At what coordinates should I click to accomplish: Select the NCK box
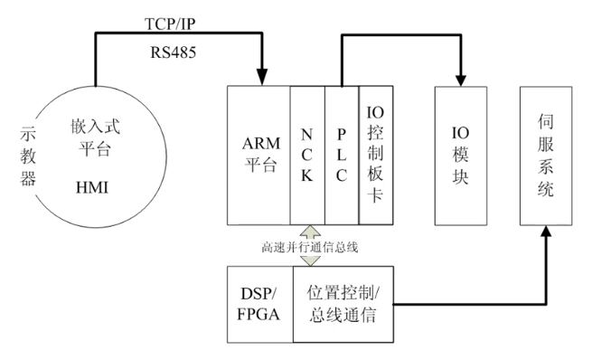pyautogui.click(x=307, y=156)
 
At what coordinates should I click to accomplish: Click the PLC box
pyautogui.click(x=342, y=156)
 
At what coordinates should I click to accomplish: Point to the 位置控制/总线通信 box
pyautogui.click(x=343, y=303)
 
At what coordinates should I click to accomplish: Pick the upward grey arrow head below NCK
pyautogui.click(x=309, y=232)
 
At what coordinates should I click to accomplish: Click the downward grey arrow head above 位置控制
pyautogui.click(x=309, y=261)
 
